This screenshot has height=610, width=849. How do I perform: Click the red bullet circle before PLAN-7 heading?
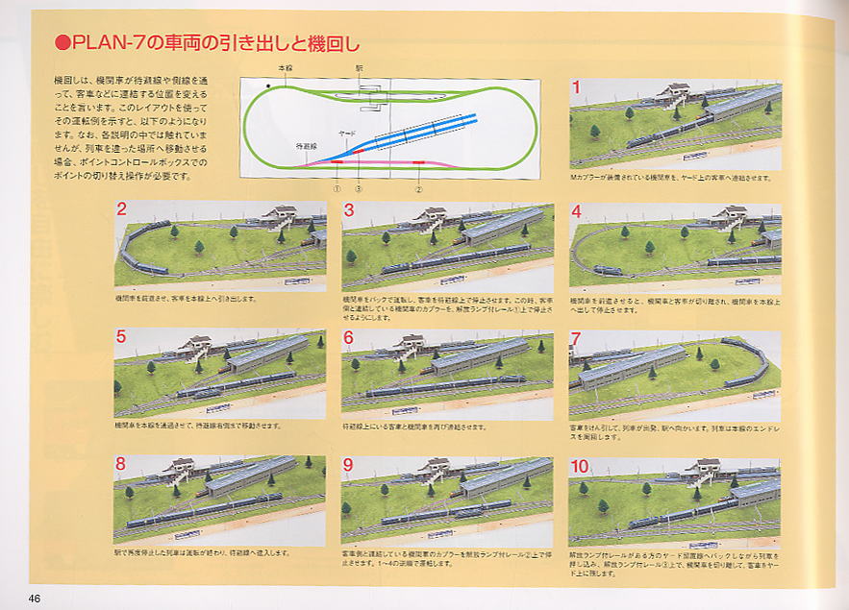[x=62, y=42]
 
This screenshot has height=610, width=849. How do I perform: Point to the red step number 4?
[x=576, y=211]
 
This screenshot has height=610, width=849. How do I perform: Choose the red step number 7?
[x=576, y=338]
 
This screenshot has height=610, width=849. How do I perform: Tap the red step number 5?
[x=121, y=337]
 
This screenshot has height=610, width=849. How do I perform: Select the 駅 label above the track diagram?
[x=359, y=69]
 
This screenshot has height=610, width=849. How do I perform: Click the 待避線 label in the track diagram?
[x=306, y=145]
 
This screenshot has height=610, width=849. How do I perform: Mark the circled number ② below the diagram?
[x=419, y=188]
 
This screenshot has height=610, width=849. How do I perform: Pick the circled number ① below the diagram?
[x=337, y=188]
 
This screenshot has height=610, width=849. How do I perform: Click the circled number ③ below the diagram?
[x=359, y=188]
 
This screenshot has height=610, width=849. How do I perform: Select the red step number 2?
[x=121, y=210]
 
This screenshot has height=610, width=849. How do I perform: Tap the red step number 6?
[x=348, y=337]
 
